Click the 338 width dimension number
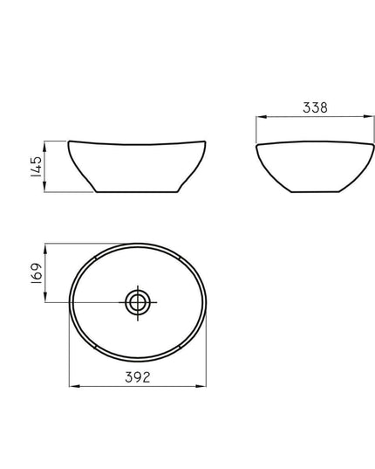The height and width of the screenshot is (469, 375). click(315, 107)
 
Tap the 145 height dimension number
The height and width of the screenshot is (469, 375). click(37, 167)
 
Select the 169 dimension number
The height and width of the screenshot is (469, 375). click(37, 273)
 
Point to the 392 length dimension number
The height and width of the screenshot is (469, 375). click(138, 377)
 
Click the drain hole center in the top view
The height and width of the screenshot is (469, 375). click(138, 303)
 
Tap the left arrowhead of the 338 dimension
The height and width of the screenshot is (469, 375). click(262, 117)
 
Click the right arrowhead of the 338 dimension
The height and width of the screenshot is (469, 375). click(369, 117)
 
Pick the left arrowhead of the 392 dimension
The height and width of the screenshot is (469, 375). click(75, 386)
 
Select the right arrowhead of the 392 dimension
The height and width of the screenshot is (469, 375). click(201, 386)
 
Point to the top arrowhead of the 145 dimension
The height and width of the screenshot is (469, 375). click(44, 146)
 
